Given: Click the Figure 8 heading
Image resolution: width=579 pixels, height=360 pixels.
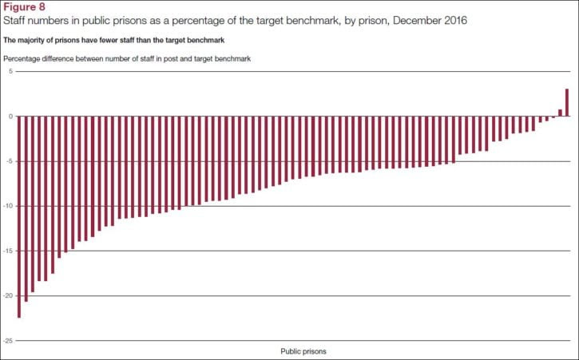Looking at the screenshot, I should (x=25, y=7).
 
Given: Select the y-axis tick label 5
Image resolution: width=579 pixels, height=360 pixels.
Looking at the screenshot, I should (x=10, y=71).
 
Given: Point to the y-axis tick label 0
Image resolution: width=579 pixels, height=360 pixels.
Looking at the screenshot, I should (x=10, y=116).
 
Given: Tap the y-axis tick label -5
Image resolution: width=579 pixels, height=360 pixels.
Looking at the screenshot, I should (x=9, y=161).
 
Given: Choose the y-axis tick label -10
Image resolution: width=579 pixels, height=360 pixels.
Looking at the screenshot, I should (x=7, y=206).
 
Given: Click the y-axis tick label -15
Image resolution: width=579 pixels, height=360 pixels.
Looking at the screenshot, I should (x=7, y=251).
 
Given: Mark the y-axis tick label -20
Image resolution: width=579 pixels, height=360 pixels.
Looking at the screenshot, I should (x=7, y=295).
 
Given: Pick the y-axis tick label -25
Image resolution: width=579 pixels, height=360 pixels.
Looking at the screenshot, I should (x=7, y=340).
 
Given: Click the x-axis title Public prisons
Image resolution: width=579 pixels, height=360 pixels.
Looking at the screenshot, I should (x=303, y=351).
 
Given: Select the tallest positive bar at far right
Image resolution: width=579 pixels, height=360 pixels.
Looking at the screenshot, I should (x=567, y=102).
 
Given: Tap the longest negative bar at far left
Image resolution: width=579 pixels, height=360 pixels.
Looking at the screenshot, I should (x=18, y=216).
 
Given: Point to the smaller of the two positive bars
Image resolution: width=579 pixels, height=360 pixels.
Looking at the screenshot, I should (x=560, y=113).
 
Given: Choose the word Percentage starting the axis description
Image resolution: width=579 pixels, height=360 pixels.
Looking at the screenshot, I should (x=23, y=58).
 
